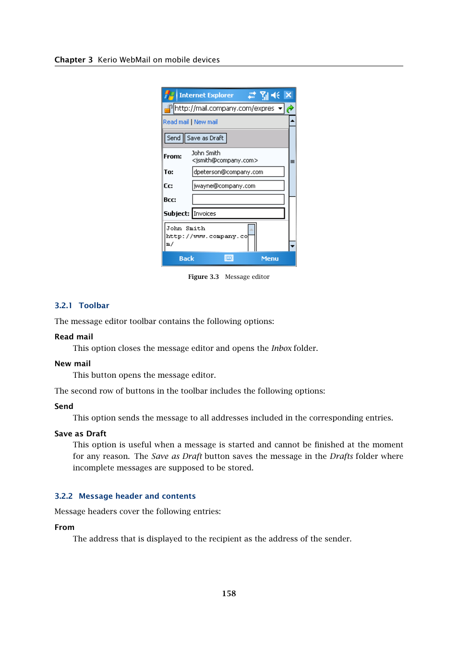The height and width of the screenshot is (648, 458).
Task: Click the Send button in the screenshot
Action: tap(173, 138)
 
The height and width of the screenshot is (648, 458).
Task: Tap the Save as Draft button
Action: tap(205, 138)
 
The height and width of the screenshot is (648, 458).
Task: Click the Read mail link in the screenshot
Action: tap(176, 122)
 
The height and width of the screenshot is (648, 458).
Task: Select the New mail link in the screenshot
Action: tap(205, 122)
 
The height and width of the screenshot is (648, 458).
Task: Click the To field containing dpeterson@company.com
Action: tap(238, 172)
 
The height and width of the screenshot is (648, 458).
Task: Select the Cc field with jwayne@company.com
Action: tap(238, 186)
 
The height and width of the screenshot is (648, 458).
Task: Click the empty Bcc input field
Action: tap(238, 199)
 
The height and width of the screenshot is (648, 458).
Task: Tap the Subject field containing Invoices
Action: tap(238, 214)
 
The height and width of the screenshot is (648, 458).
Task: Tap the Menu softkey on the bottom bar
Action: tap(269, 259)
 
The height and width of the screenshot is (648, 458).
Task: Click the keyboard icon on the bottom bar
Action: tap(229, 258)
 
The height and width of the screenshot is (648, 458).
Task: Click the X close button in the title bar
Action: tap(288, 95)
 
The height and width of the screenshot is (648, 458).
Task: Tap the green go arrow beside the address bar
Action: tap(290, 109)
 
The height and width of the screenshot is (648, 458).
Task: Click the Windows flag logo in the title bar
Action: tap(169, 95)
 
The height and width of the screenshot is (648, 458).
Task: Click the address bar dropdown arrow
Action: tap(280, 108)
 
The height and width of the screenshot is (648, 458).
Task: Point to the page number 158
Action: tap(229, 594)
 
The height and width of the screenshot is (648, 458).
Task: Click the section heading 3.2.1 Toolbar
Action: tap(82, 306)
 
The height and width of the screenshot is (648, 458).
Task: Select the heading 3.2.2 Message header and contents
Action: tap(125, 496)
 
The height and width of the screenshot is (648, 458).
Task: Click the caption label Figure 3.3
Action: tap(203, 277)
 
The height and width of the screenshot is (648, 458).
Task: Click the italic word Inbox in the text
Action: tap(281, 348)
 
